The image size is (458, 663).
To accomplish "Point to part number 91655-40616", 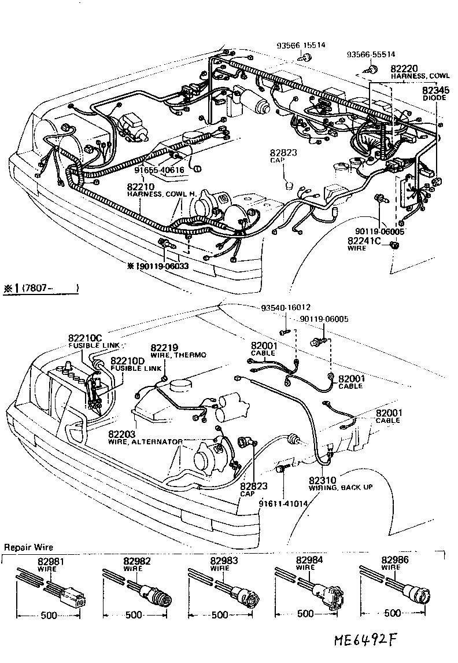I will pyautogui.click(x=159, y=170).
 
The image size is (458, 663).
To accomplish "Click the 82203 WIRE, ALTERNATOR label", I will pyautogui.click(x=145, y=437).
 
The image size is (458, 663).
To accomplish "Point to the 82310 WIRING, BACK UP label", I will pyautogui.click(x=340, y=483).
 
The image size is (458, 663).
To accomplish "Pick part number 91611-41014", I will pyautogui.click(x=283, y=503).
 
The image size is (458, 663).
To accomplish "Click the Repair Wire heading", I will pyautogui.click(x=28, y=547).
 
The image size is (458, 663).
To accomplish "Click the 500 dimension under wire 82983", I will pyautogui.click(x=220, y=615).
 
